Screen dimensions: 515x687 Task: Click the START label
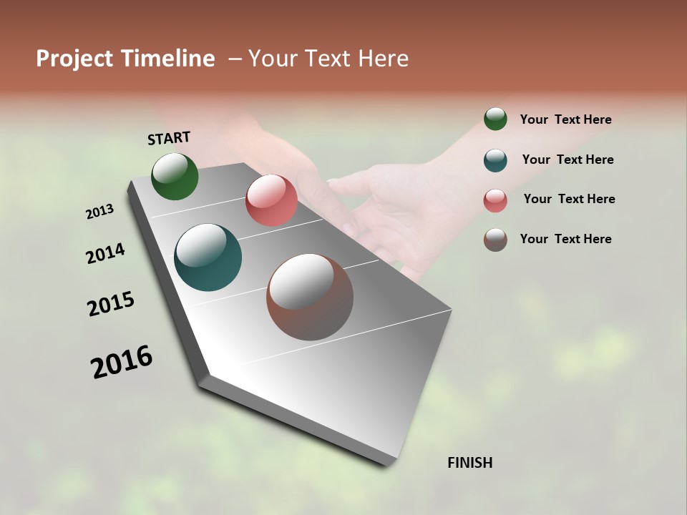[x=169, y=138]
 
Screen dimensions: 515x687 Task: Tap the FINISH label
[x=469, y=463]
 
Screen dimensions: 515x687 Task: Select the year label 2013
[x=99, y=212]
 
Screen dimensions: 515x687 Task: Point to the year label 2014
[x=105, y=253]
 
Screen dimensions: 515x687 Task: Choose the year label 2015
[x=111, y=304]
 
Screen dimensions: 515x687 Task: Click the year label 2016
[x=122, y=361]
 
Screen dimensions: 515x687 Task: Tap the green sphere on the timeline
[x=175, y=176]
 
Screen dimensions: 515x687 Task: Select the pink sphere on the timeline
[x=271, y=200]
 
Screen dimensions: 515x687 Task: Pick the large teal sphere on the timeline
[x=208, y=257]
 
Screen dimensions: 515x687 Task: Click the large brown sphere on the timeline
[x=310, y=297]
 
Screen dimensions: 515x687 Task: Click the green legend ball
[x=495, y=119]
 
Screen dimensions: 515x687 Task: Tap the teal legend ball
[x=495, y=160]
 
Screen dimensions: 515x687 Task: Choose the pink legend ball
[x=495, y=200]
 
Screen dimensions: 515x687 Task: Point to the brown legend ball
[x=495, y=240]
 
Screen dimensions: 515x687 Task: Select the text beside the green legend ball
[x=565, y=119]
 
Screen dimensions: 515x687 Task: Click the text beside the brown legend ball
[x=565, y=239]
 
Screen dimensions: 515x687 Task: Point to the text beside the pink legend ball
[x=569, y=199]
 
